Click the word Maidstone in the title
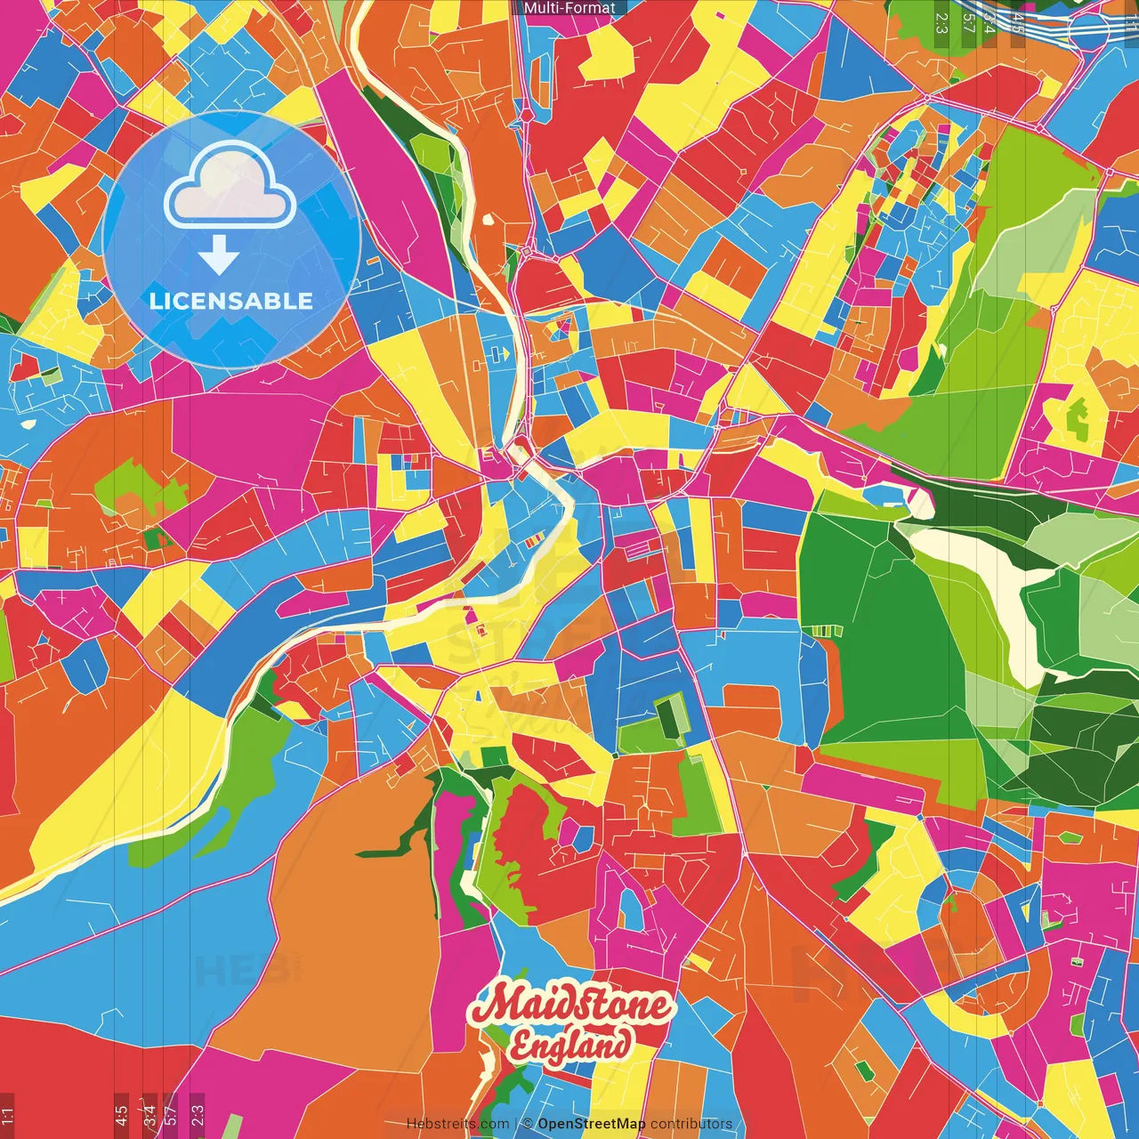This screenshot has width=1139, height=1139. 570,1006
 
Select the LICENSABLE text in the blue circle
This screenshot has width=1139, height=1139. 231,301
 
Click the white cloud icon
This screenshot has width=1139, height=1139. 230,188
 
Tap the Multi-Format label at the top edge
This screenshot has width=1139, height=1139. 569,8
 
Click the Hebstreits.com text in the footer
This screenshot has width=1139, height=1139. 457,1124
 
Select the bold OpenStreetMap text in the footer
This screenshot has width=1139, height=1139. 591,1124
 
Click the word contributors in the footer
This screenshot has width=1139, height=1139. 691,1124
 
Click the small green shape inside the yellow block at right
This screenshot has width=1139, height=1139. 1078,418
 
